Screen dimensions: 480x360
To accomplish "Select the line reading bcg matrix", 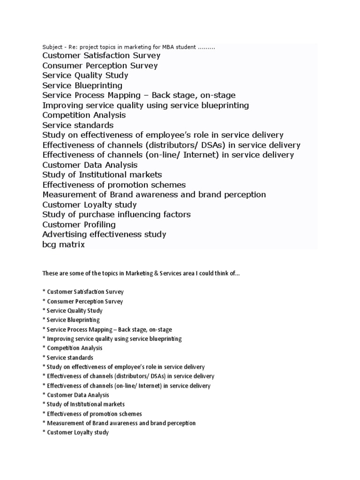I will pyautogui.click(x=64, y=244).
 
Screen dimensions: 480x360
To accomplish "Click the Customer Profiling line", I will pyautogui.click(x=79, y=225).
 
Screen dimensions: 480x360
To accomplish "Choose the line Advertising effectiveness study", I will pyautogui.click(x=104, y=234).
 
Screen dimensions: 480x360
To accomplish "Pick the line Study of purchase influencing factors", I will pyautogui.click(x=116, y=215).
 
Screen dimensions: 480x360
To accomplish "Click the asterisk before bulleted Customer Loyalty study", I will pyautogui.click(x=44, y=432).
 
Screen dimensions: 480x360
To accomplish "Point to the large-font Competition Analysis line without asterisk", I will pyautogui.click(x=84, y=115).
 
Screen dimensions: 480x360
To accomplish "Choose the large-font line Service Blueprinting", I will pyautogui.click(x=82, y=85).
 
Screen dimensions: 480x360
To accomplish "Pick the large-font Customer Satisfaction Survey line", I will pyautogui.click(x=101, y=56).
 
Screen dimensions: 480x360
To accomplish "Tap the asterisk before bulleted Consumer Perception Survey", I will pyautogui.click(x=44, y=301).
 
